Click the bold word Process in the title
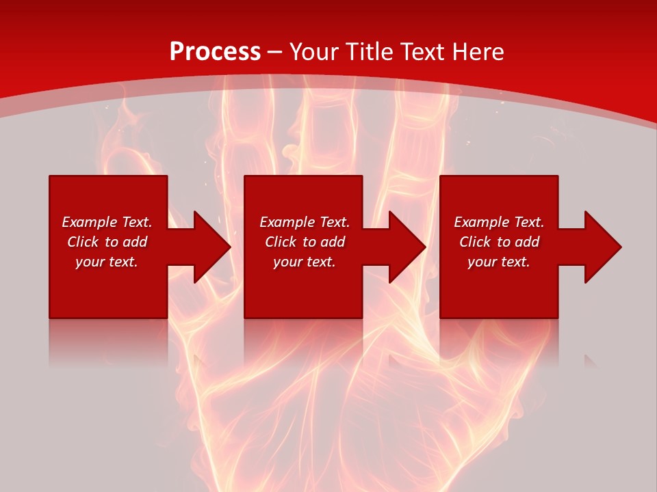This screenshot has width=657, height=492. tap(215, 52)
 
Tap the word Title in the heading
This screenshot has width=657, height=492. tap(370, 52)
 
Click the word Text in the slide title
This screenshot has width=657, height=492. tap(422, 52)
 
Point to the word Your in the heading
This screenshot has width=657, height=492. tap(315, 52)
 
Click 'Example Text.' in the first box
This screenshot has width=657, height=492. tap(107, 222)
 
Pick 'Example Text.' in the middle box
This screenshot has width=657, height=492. tap(305, 222)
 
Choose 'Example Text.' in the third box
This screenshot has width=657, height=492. tap(499, 222)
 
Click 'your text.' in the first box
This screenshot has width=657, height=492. tap(107, 262)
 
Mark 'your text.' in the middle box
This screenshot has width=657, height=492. tap(305, 262)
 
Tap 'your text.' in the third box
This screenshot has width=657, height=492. tap(499, 262)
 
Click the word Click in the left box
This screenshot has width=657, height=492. tap(83, 242)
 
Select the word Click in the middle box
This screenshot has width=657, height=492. tap(281, 242)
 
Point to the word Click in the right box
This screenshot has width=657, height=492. tap(475, 242)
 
